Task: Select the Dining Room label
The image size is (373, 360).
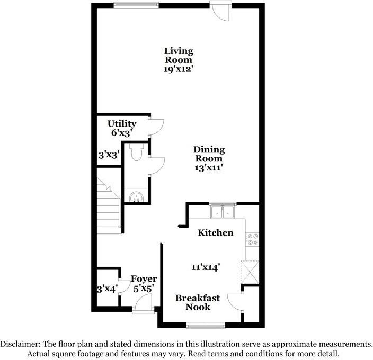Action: [x=208, y=154]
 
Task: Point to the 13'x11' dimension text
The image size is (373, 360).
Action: [x=208, y=167]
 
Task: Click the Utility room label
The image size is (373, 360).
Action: [x=122, y=123]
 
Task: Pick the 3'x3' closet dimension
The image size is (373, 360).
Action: [x=109, y=155]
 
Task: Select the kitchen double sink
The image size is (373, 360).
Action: [x=223, y=212]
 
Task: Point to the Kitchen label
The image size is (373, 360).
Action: [x=215, y=232]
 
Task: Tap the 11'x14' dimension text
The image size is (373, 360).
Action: [x=206, y=267]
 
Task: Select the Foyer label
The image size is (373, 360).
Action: [x=144, y=279]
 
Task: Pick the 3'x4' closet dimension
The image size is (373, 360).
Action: [x=106, y=289]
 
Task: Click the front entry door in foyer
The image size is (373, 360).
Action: [x=142, y=305]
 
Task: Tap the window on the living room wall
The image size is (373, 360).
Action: [x=137, y=5]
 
